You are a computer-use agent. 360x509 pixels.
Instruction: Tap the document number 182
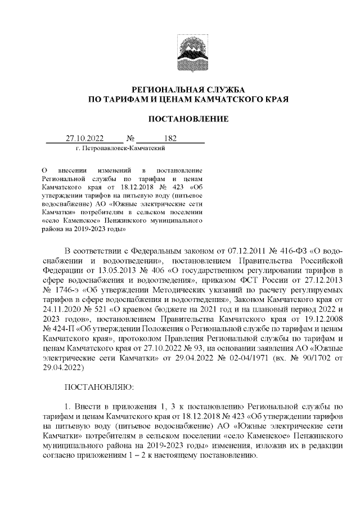tap(170, 138)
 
